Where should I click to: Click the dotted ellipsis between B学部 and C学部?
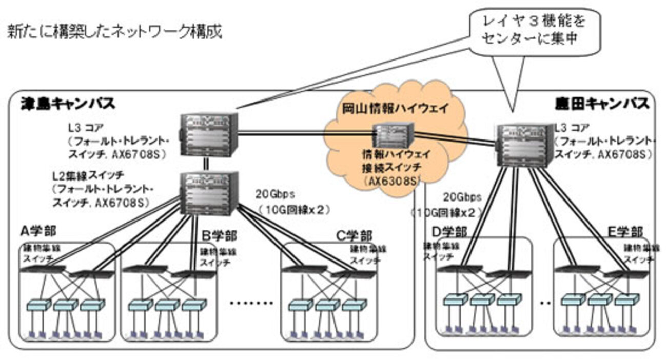(x=251, y=303)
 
